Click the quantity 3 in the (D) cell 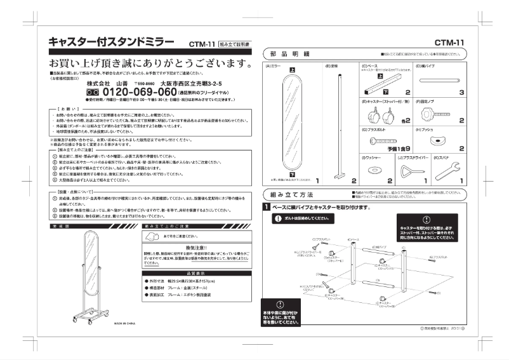point(462,92)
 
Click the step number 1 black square point(267,208)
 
